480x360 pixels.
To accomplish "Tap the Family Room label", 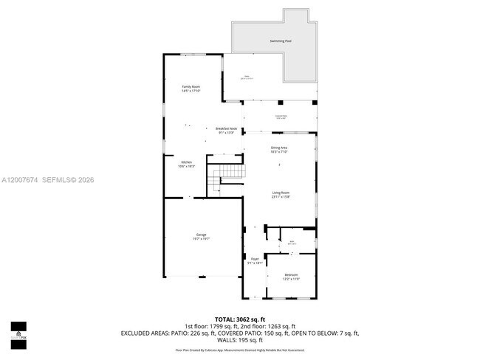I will pyautogui.click(x=191, y=87).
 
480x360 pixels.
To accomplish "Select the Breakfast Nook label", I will pyautogui.click(x=226, y=128).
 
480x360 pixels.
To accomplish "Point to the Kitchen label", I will pyautogui.click(x=187, y=162).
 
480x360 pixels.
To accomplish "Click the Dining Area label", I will pyautogui.click(x=279, y=148).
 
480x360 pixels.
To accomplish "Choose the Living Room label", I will pyautogui.click(x=280, y=193).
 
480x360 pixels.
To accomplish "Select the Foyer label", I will pyautogui.click(x=255, y=259).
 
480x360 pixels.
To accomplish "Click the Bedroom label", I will pyautogui.click(x=291, y=274).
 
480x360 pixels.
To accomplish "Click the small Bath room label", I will pyautogui.click(x=292, y=241).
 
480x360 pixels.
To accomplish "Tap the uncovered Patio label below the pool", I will pyautogui.click(x=248, y=75).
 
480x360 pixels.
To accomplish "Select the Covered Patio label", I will pyautogui.click(x=281, y=116).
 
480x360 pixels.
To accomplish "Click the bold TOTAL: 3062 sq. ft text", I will pyautogui.click(x=240, y=318).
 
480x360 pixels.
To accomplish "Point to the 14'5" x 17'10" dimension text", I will pyautogui.click(x=191, y=91).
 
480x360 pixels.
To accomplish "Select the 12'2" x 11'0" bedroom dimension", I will pyautogui.click(x=291, y=279).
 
